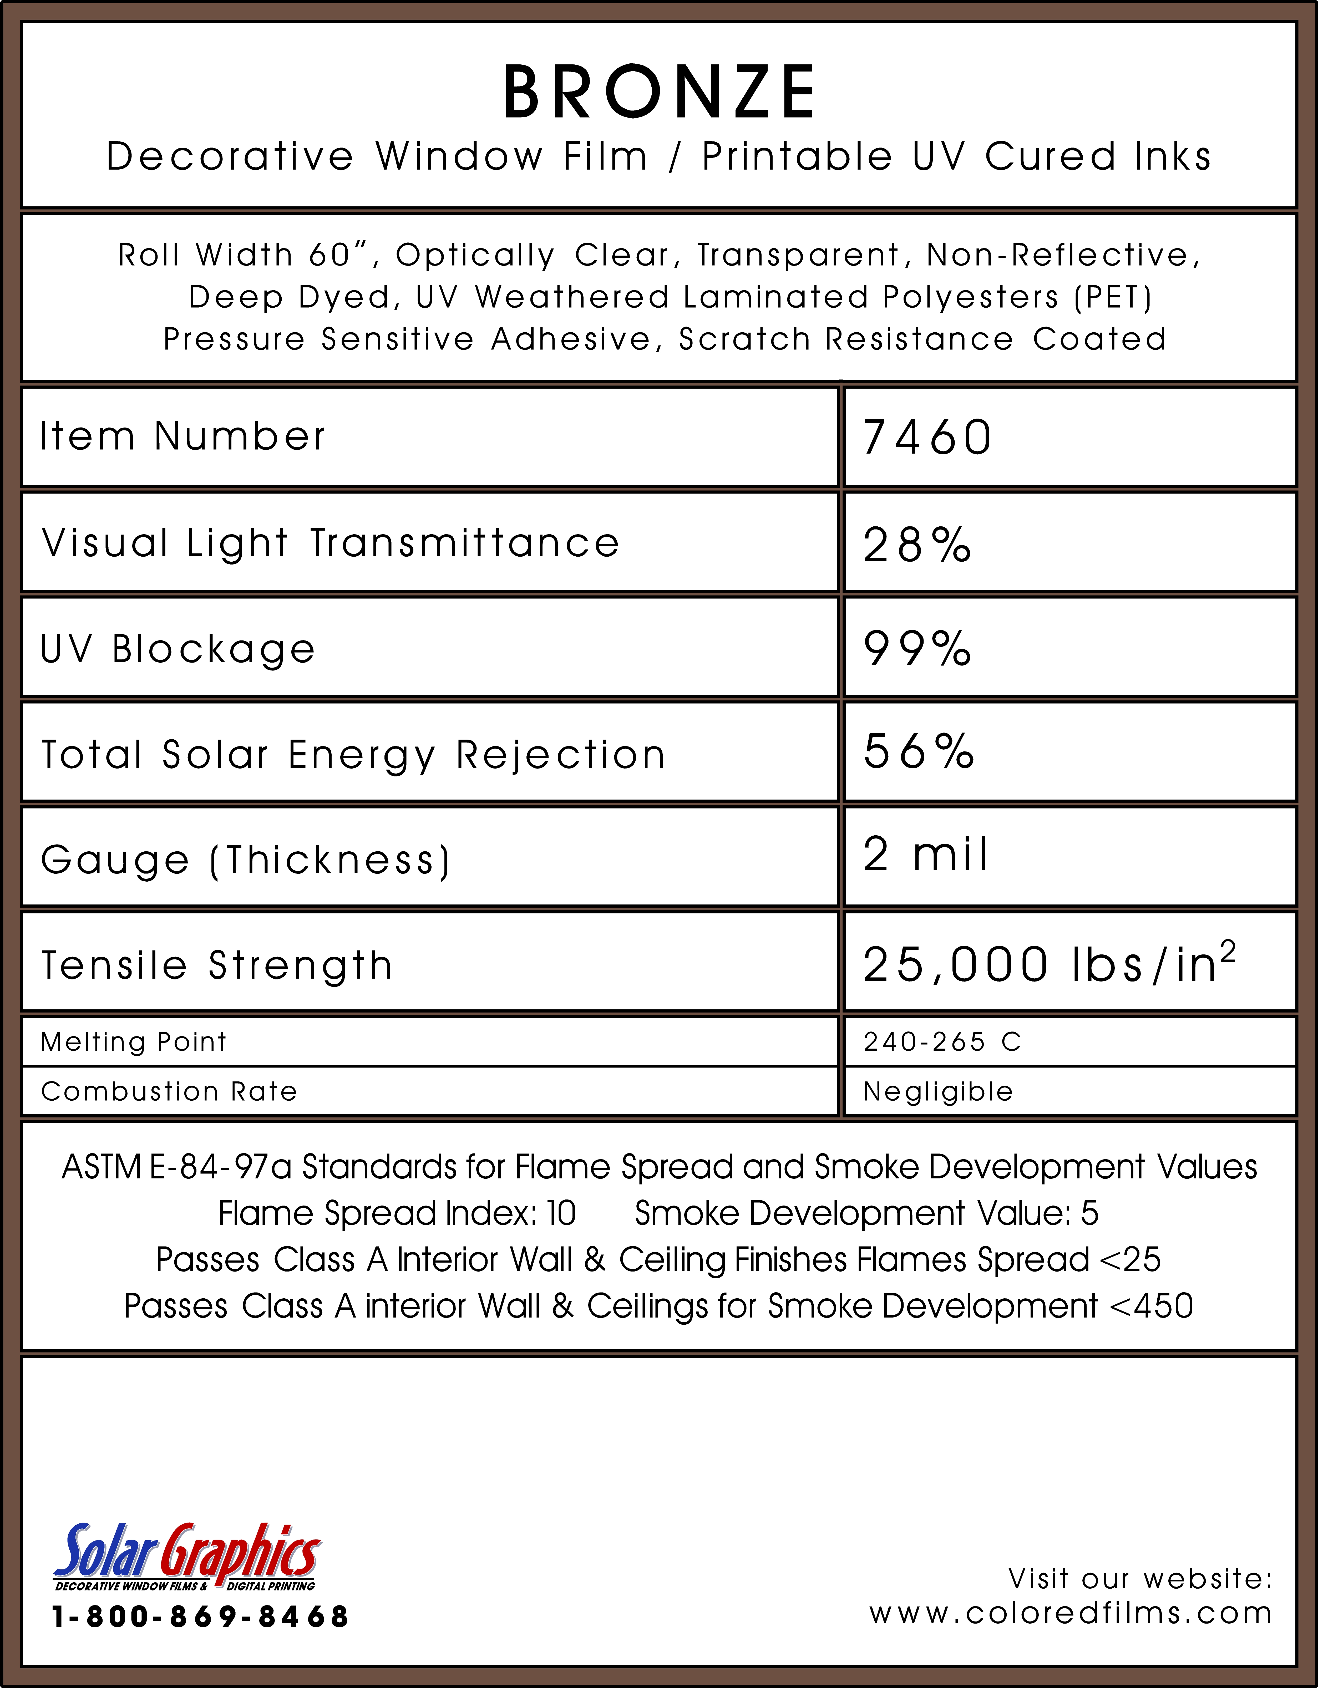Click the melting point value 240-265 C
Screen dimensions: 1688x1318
coord(942,1042)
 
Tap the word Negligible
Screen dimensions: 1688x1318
coord(938,1091)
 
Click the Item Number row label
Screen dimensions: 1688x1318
coord(183,437)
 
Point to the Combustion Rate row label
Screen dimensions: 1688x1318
coord(169,1091)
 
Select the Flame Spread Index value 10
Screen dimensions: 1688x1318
coord(561,1213)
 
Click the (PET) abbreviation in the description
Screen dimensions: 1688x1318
coord(1113,297)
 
